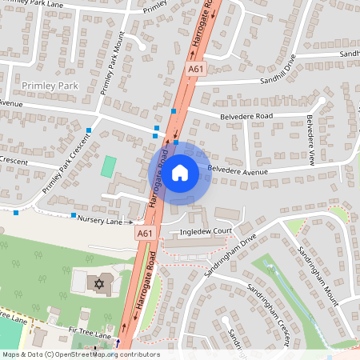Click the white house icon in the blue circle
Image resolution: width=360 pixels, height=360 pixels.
180,173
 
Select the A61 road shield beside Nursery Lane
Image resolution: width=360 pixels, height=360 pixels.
144,233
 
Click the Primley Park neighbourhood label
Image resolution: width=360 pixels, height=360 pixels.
51,85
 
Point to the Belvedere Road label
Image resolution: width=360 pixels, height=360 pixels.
242,115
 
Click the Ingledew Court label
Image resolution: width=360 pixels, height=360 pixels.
206,230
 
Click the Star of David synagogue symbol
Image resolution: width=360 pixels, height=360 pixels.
100,284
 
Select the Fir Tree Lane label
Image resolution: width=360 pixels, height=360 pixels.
92,337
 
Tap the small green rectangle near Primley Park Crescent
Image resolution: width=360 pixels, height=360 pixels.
108,167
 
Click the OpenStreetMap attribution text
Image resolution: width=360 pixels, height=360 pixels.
80,354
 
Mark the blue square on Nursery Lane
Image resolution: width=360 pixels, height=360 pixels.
73,215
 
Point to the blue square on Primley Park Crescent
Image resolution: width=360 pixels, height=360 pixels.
89,130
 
